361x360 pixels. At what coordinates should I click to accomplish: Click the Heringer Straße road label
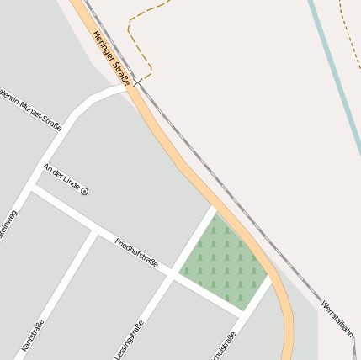(111, 58)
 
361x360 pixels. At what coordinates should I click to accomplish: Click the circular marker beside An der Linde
(84, 192)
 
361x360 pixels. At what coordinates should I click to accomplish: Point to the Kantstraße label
(32, 334)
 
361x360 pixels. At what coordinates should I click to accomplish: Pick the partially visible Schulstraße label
(226, 347)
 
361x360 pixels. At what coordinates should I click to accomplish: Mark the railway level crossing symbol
(137, 83)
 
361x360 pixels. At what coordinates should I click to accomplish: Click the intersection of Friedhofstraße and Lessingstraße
(173, 277)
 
